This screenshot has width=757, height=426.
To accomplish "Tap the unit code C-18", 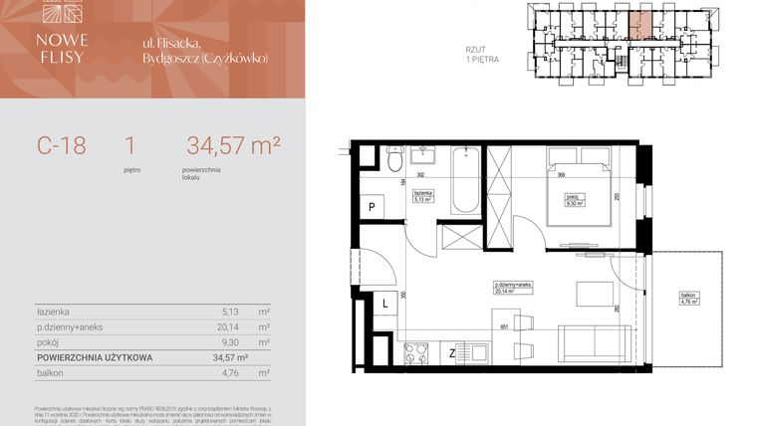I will tap(62, 145).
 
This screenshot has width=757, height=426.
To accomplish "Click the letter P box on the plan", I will tap(372, 207).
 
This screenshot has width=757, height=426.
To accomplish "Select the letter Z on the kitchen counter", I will tap(451, 352).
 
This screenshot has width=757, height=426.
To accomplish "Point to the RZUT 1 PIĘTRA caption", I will tap(481, 54).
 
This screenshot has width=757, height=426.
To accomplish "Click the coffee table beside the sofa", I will tap(596, 295).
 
